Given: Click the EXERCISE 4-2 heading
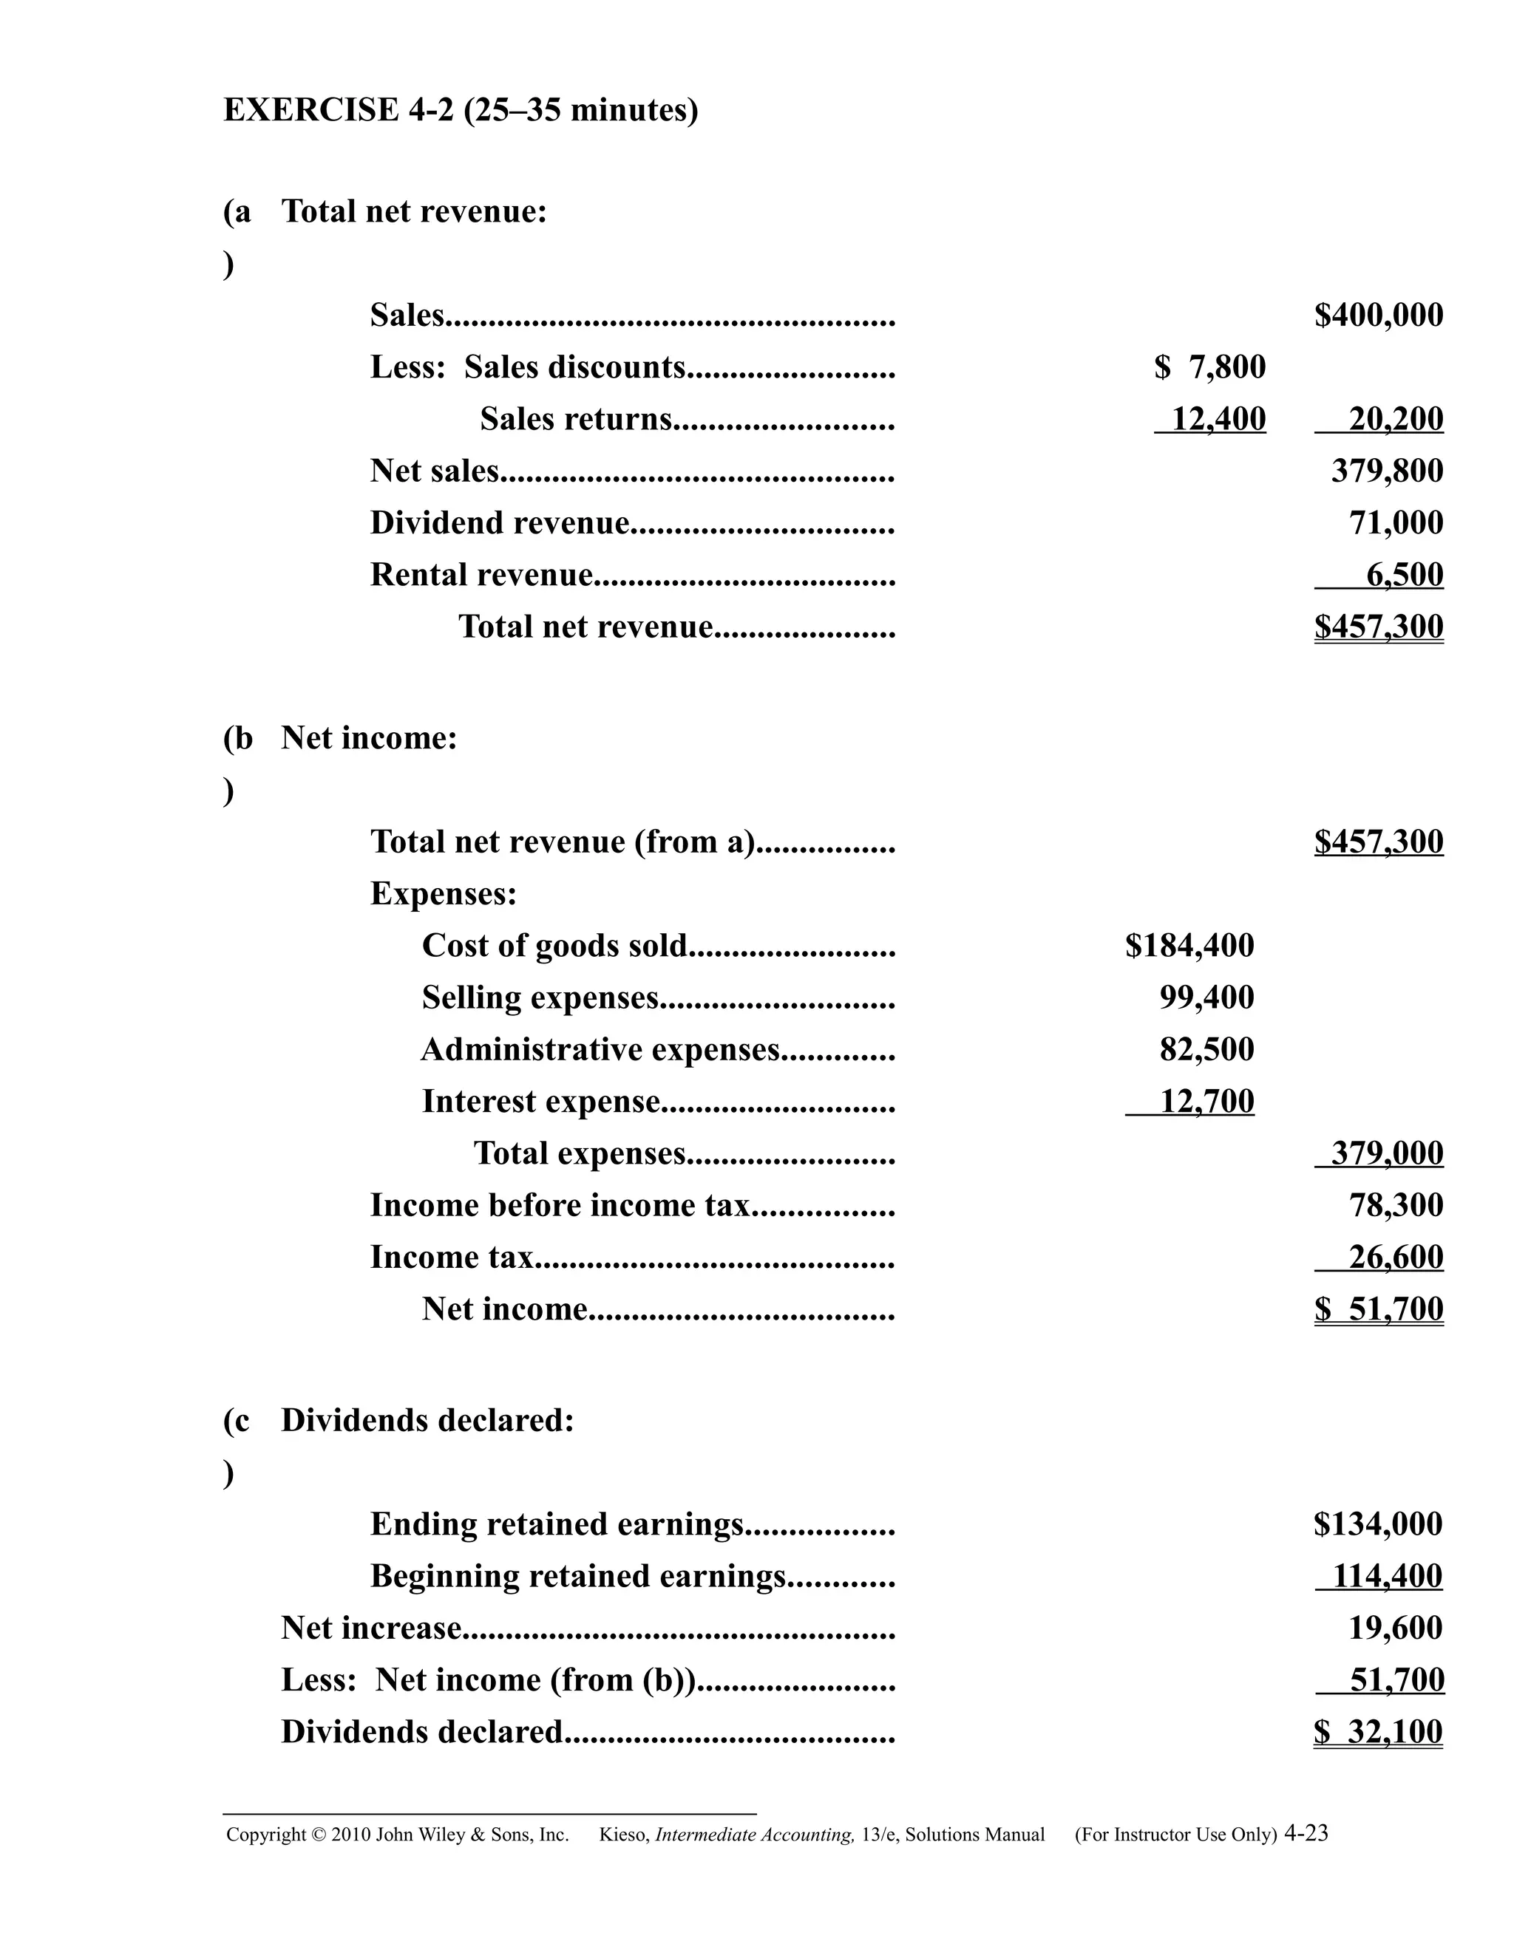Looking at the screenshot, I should pyautogui.click(x=460, y=110).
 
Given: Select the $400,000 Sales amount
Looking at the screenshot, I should pyautogui.click(x=1379, y=315).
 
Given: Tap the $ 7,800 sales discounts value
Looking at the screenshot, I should pyautogui.click(x=1210, y=366).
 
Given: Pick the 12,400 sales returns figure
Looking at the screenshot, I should pyautogui.click(x=1218, y=419).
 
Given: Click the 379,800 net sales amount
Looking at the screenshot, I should pyautogui.click(x=1387, y=471).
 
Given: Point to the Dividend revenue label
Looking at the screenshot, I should pyautogui.click(x=500, y=522).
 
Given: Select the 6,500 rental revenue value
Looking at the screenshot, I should pyautogui.click(x=1404, y=575).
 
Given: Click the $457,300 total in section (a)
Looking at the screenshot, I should pyautogui.click(x=1379, y=627).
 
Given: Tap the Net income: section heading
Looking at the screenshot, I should pyautogui.click(x=369, y=738).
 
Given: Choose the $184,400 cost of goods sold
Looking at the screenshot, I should pyautogui.click(x=1189, y=946).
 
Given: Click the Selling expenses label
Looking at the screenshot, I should pyautogui.click(x=540, y=997).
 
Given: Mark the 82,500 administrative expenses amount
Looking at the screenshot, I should pyautogui.click(x=1206, y=1050).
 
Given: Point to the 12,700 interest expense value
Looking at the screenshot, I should pyautogui.click(x=1206, y=1102).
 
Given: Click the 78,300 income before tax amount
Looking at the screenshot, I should pyautogui.click(x=1396, y=1206).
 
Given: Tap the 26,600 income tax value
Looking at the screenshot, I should pyautogui.click(x=1396, y=1258).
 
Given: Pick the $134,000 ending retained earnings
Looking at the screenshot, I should pyautogui.click(x=1378, y=1524).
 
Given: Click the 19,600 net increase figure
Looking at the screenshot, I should pyautogui.click(x=1395, y=1628).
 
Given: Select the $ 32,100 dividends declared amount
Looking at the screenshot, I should pyautogui.click(x=1378, y=1732).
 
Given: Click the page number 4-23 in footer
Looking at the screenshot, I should pyautogui.click(x=1306, y=1833).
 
